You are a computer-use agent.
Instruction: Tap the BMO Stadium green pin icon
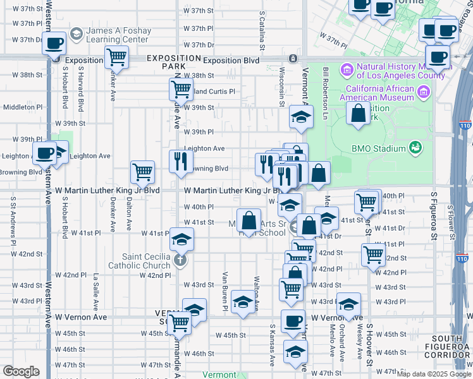pyautogui.click(x=415, y=148)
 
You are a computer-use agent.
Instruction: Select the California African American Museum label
pyautogui.click(x=378, y=93)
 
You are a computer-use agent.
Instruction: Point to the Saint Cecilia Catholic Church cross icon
pyautogui.click(x=180, y=259)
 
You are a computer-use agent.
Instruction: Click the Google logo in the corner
pyautogui.click(x=21, y=371)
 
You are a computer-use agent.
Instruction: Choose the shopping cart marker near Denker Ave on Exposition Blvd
pyautogui.click(x=117, y=57)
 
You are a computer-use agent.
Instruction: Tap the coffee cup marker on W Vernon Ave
pyautogui.click(x=293, y=320)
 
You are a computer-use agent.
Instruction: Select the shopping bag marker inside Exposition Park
pyautogui.click(x=359, y=114)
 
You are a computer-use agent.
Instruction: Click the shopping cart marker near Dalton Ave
pyautogui.click(x=143, y=171)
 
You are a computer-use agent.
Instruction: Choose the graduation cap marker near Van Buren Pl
pyautogui.click(x=242, y=303)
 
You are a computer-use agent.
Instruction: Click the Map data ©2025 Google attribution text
pyautogui.click(x=434, y=374)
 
